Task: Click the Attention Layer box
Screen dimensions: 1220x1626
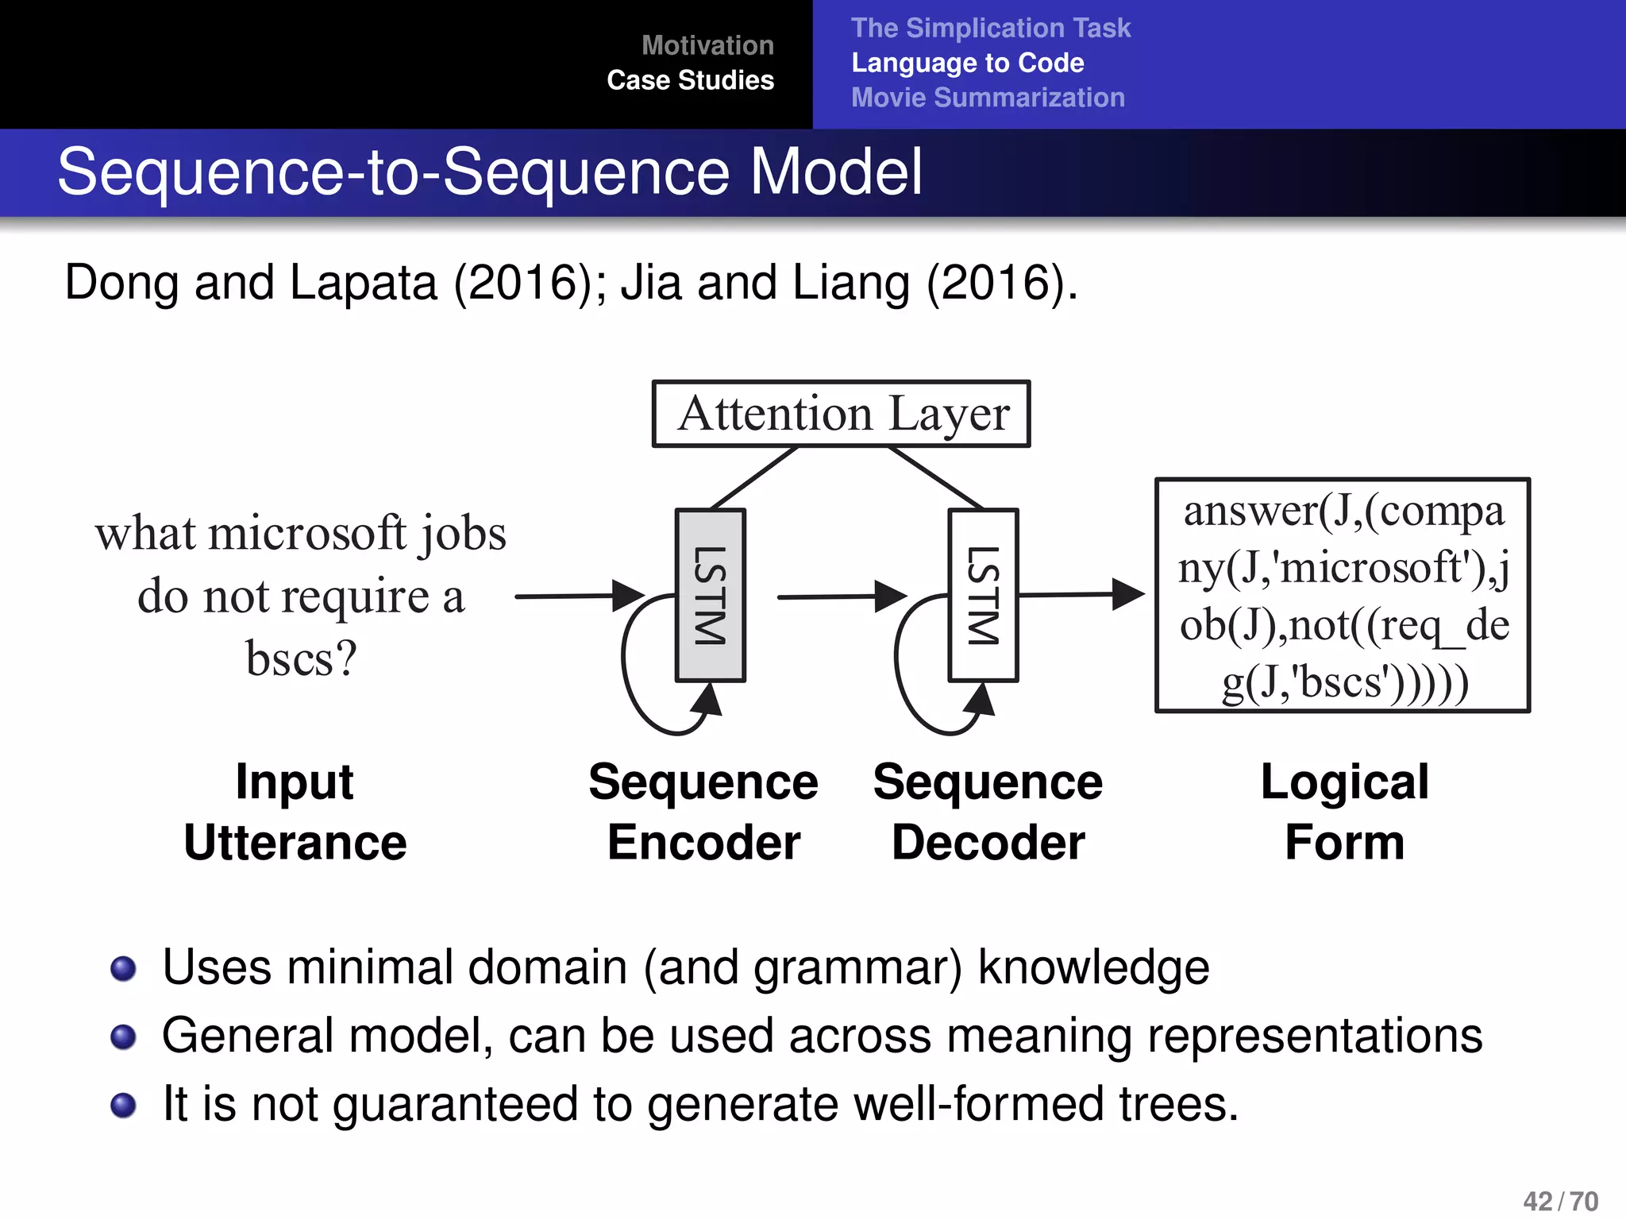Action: tap(841, 414)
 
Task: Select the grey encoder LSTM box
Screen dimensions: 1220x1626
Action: tap(710, 595)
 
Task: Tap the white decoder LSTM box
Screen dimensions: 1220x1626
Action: tap(983, 595)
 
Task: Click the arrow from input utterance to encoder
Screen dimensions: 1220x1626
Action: tap(580, 596)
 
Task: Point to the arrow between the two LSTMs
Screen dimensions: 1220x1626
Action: tap(842, 596)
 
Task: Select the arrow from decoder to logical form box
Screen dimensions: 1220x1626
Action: tap(1080, 594)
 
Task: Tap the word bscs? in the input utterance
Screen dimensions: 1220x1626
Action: tap(301, 658)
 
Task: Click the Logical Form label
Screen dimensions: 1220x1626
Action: tap(1344, 812)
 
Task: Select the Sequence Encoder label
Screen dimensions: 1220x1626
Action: tap(703, 812)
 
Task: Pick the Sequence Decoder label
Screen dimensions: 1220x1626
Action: tap(988, 812)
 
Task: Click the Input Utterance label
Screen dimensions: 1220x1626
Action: tap(295, 812)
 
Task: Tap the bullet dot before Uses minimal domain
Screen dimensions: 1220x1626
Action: tap(123, 969)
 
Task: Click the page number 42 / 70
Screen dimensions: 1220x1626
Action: tap(1560, 1201)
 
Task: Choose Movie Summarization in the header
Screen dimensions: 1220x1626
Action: tap(988, 98)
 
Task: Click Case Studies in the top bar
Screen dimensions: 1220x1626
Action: tap(690, 80)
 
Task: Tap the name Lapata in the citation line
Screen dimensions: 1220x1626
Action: tap(363, 283)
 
